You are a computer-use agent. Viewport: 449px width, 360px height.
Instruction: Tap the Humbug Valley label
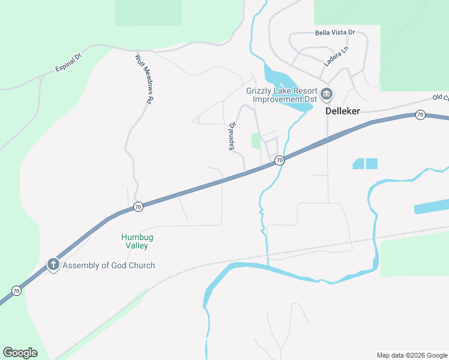click(x=134, y=241)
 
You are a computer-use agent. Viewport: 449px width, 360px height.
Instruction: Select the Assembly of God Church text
click(x=109, y=265)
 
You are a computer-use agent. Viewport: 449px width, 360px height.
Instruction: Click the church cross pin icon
click(x=53, y=265)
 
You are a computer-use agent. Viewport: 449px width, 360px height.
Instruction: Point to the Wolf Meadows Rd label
click(x=142, y=79)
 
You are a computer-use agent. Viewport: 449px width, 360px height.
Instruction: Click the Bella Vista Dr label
click(x=335, y=32)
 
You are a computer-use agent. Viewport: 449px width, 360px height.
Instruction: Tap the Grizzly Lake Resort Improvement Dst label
click(x=282, y=95)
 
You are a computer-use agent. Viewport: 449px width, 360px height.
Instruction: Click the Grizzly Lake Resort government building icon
click(x=327, y=94)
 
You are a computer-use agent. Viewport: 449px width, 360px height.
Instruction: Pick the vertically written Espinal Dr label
click(x=233, y=137)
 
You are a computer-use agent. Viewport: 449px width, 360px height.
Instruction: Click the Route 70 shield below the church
click(x=17, y=291)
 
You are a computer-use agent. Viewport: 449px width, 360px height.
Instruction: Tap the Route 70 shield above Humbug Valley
click(x=138, y=207)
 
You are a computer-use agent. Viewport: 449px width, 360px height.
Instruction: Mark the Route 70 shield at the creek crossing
click(x=279, y=161)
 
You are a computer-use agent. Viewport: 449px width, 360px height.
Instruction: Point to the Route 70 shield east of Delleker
click(x=420, y=115)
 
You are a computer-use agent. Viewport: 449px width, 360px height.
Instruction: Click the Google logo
click(x=20, y=353)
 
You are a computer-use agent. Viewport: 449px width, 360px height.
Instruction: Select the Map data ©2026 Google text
click(x=412, y=355)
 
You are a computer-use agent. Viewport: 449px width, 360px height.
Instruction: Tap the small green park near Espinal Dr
click(x=256, y=141)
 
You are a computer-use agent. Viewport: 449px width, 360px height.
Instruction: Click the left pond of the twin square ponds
click(x=358, y=163)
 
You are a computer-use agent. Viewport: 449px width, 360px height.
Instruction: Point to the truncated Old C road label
click(x=441, y=98)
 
